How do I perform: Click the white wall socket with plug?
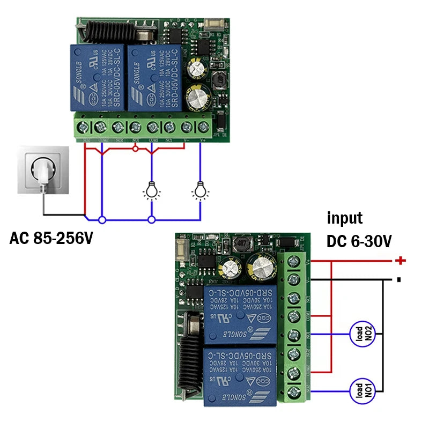[x=42, y=171]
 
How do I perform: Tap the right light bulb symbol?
[x=201, y=190]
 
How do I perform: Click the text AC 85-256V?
[x=51, y=238]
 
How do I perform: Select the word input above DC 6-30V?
[x=345, y=218]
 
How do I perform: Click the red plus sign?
[x=400, y=261]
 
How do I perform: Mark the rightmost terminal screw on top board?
[x=203, y=127]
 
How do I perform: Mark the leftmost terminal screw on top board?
[x=83, y=127]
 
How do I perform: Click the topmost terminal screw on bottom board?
[x=294, y=262]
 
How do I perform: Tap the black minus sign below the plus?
[x=400, y=279]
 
